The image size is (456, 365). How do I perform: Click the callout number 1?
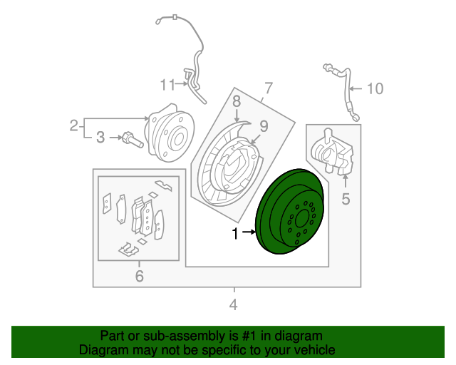point(234,232)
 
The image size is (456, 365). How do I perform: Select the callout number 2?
point(73,126)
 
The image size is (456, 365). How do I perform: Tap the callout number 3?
point(100,136)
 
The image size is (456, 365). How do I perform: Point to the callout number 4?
point(233,306)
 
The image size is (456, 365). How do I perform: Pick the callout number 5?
point(346,199)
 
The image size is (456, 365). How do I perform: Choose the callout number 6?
point(139,275)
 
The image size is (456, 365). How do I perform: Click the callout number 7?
point(268,88)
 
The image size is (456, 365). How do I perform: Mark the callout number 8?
point(236,101)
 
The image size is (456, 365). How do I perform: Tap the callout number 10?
point(375,88)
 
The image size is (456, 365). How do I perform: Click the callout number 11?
point(167,86)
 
